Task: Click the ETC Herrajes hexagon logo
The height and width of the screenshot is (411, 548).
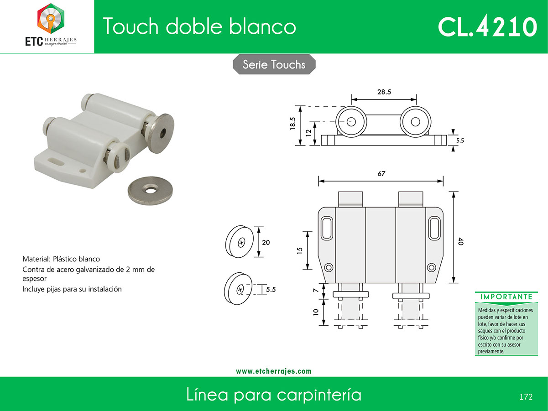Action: click(51, 18)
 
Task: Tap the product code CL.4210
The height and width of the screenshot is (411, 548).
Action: click(487, 26)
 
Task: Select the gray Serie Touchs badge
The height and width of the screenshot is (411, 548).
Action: click(274, 64)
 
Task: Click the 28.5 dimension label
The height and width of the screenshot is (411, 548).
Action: click(384, 92)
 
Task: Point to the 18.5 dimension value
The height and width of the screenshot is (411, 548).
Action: click(292, 123)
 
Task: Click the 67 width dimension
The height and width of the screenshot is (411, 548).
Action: click(381, 173)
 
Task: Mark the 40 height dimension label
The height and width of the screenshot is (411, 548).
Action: click(461, 241)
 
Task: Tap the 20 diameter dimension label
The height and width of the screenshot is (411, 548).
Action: click(266, 242)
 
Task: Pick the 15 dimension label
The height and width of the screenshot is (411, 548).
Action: click(300, 250)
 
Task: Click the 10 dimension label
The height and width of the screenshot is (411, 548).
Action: click(316, 312)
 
